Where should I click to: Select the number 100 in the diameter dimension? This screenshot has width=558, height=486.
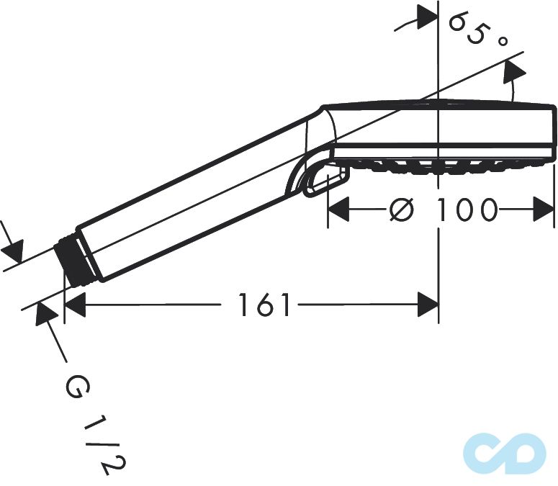467,210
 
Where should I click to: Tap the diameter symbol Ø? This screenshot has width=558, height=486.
401,210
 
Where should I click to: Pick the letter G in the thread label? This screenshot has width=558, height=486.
76,389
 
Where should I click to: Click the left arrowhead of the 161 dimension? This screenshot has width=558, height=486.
74,305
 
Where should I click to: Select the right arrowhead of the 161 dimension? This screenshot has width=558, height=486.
428,305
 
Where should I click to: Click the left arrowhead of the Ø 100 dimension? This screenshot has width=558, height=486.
338,210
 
